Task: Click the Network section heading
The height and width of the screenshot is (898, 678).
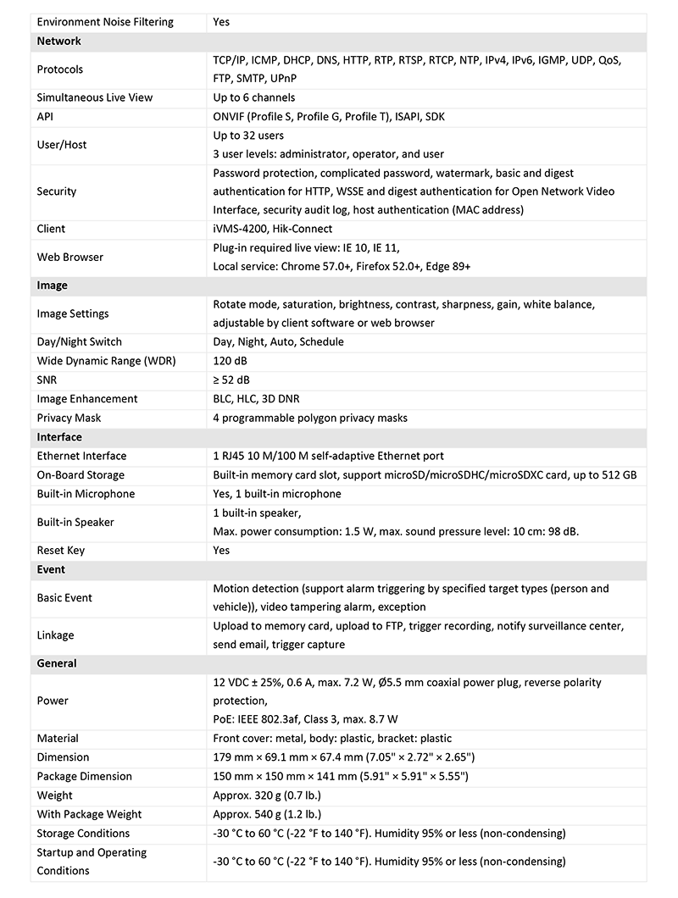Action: tap(59, 41)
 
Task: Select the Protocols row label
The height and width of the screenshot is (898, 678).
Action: tap(60, 69)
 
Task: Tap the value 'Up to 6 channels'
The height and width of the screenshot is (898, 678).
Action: tap(253, 97)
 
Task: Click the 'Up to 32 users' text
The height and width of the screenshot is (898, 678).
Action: tap(248, 136)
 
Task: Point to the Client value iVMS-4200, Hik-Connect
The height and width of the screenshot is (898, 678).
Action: tap(272, 229)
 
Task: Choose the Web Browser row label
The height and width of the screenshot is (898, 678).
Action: tap(70, 257)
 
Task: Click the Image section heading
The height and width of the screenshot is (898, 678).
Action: tap(52, 285)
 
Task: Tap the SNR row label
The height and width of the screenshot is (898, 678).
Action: tap(47, 380)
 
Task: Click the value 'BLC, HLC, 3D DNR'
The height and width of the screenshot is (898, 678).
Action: tap(256, 399)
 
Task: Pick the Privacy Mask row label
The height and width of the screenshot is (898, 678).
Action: tap(69, 418)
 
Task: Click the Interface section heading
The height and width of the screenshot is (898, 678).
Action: tap(59, 437)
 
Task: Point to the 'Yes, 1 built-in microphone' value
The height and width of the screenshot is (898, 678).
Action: tap(277, 494)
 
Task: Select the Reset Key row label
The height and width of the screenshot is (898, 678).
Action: tap(61, 551)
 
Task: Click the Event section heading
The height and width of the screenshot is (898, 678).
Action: tap(51, 569)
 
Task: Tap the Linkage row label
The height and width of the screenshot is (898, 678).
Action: tap(55, 635)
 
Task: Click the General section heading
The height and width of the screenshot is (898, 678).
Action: tap(57, 663)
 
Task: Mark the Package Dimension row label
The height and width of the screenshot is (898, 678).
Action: tap(85, 776)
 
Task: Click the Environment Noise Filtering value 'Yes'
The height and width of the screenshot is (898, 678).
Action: tap(221, 22)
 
